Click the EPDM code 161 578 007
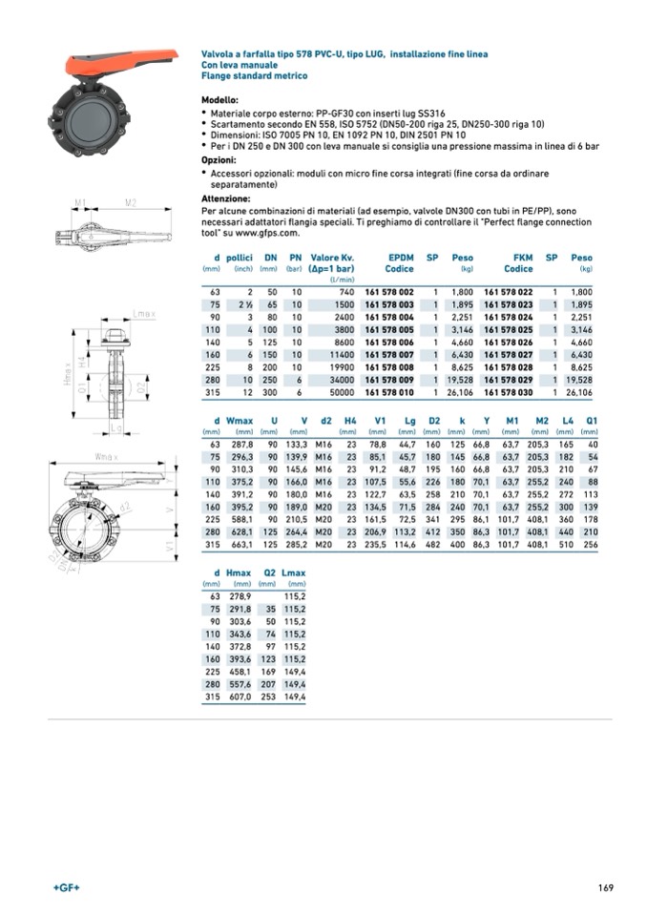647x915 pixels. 389,353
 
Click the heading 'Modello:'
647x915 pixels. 219,100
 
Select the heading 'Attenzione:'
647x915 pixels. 225,198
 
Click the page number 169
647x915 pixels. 605,889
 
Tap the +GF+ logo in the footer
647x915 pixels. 66,889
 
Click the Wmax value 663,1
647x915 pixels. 240,544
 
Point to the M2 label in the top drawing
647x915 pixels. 130,203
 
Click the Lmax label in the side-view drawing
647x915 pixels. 145,313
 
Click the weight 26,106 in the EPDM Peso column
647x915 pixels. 460,390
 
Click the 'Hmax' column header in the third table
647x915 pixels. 239,573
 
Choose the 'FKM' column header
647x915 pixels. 521,258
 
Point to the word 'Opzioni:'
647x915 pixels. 219,160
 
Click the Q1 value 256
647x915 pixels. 592,544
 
